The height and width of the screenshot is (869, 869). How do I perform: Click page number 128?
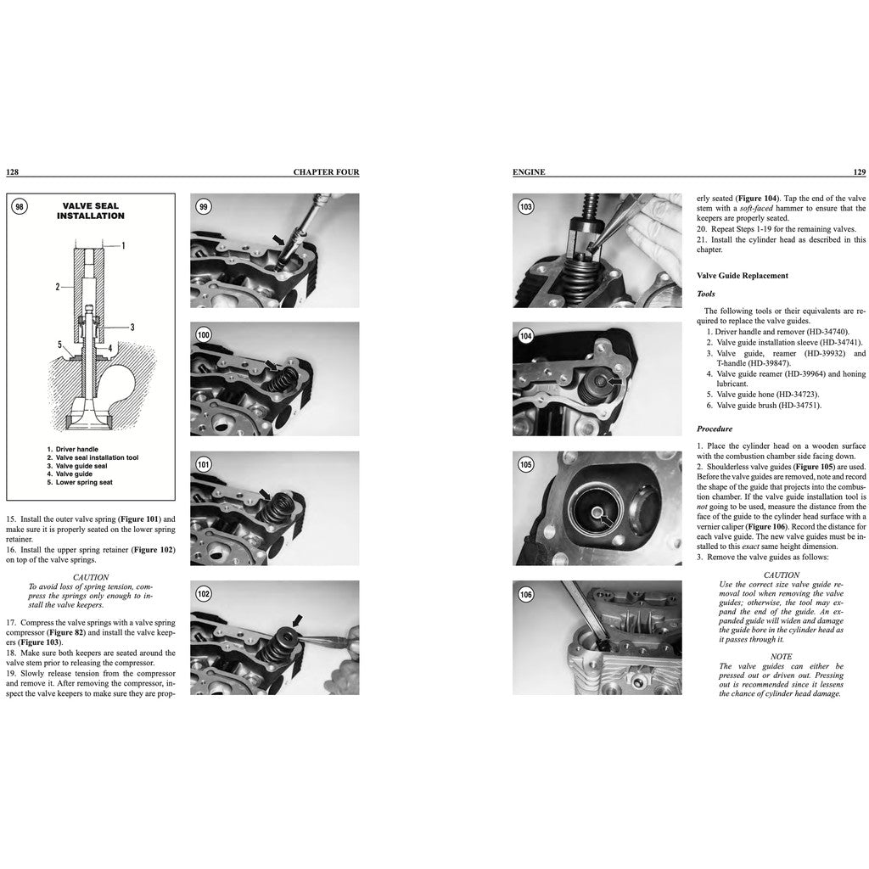tap(13, 171)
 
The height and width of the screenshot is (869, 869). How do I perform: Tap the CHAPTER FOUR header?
tap(326, 171)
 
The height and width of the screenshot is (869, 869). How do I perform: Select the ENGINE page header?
tap(529, 171)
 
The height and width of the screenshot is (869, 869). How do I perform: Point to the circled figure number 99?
tap(204, 206)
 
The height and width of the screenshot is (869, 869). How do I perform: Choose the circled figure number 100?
tap(204, 335)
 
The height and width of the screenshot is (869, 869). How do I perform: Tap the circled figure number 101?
tap(204, 464)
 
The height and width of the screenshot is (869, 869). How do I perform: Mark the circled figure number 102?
tap(204, 594)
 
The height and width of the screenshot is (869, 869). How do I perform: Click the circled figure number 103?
tap(526, 206)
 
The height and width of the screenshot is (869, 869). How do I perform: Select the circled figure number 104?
tap(526, 336)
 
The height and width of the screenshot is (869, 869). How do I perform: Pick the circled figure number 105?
tap(526, 465)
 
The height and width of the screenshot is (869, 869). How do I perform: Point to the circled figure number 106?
tap(526, 594)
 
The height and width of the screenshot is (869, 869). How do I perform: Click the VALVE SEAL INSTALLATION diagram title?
tap(91, 210)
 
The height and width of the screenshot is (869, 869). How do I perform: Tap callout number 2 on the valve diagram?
tap(58, 287)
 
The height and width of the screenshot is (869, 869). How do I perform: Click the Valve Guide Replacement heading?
tap(742, 276)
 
